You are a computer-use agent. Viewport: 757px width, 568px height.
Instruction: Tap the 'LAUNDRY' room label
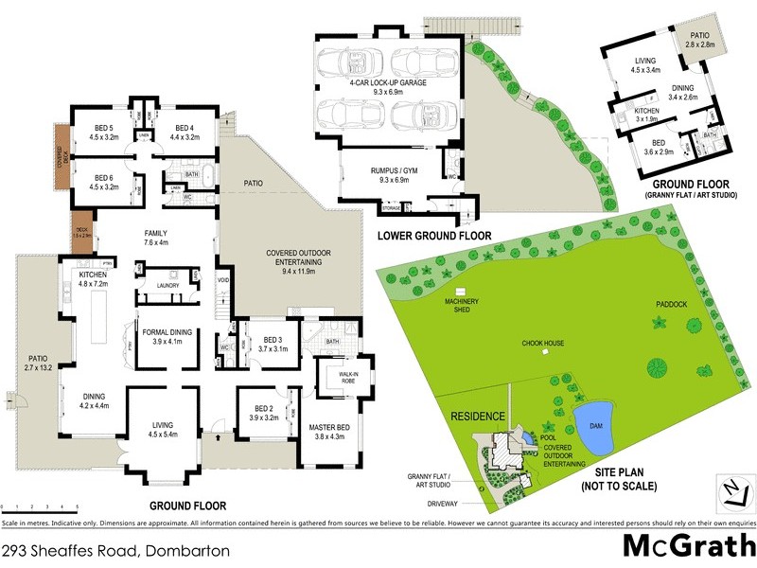[x=168, y=285]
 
